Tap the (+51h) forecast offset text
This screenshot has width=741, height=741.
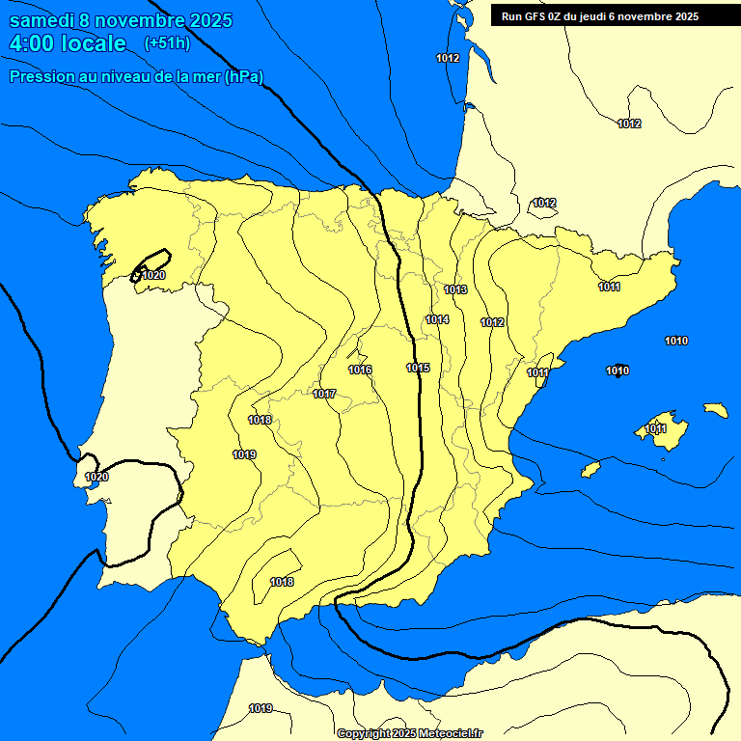pyautogui.click(x=168, y=42)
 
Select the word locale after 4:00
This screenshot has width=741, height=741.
pyautogui.click(x=92, y=43)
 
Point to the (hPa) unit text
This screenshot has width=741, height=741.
pyautogui.click(x=243, y=76)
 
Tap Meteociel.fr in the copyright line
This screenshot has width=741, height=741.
pyautogui.click(x=452, y=733)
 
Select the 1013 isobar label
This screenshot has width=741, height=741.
pyautogui.click(x=455, y=289)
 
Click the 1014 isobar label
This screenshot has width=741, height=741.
pyautogui.click(x=437, y=319)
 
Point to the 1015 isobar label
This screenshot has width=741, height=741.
pyautogui.click(x=418, y=368)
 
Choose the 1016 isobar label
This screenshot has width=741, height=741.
pyautogui.click(x=360, y=370)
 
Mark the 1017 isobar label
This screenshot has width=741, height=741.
pyautogui.click(x=324, y=394)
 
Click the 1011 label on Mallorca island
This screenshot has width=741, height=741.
pyautogui.click(x=656, y=428)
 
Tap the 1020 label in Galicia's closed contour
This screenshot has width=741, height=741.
pyautogui.click(x=153, y=275)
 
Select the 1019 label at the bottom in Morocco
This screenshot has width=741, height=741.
pyautogui.click(x=260, y=708)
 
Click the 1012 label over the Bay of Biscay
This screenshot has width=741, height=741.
pyautogui.click(x=448, y=58)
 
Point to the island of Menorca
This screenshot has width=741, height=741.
pyautogui.click(x=715, y=410)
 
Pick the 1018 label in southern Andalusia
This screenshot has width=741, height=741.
pyautogui.click(x=282, y=582)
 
